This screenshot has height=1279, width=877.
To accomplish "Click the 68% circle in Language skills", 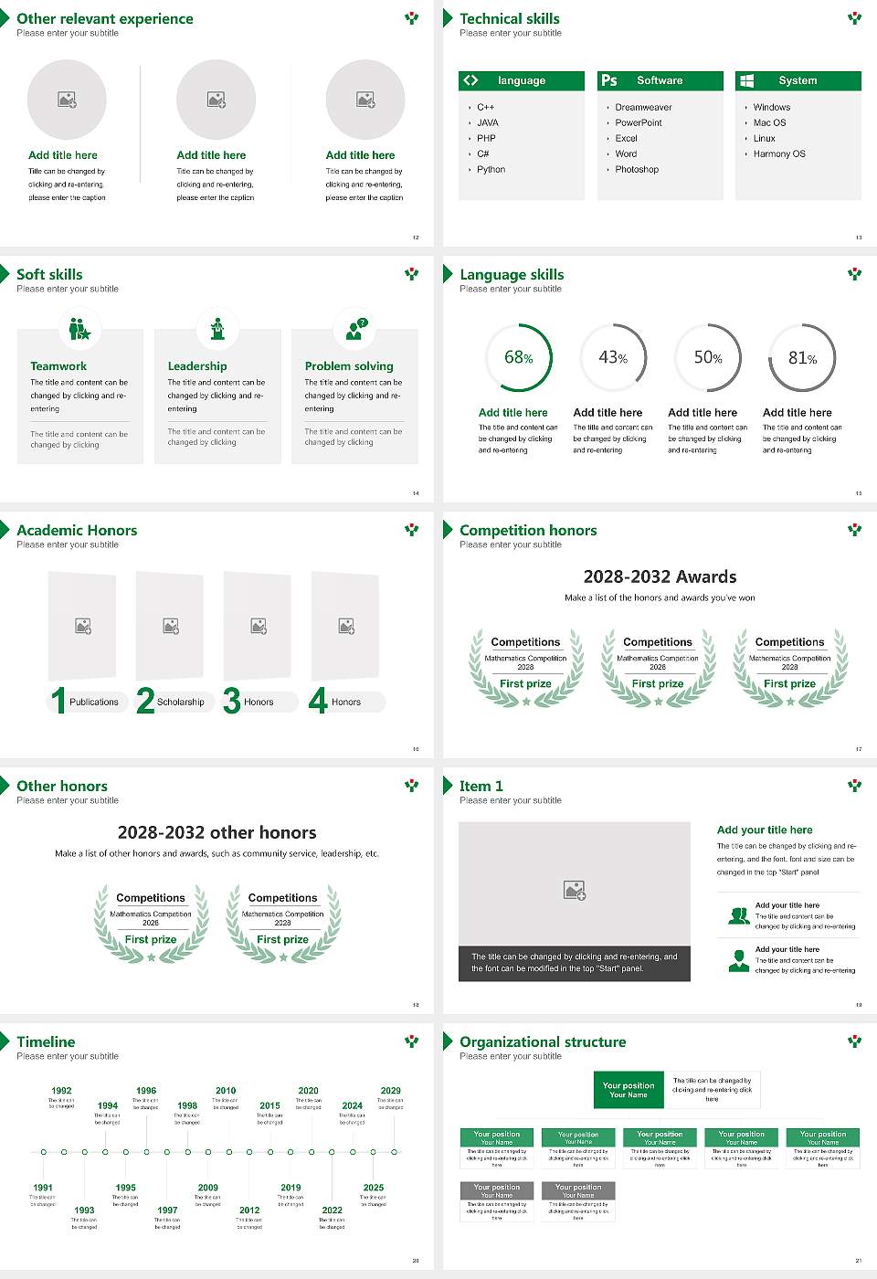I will (519, 358).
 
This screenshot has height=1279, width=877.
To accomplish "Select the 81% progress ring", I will (802, 358).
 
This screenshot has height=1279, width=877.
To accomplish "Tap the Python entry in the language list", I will (491, 170).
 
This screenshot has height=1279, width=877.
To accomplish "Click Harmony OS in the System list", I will (779, 154).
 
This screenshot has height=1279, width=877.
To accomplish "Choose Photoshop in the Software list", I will (637, 170).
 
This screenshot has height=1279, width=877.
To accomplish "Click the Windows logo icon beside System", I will (746, 80).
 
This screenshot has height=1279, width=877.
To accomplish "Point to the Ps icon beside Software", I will (609, 80).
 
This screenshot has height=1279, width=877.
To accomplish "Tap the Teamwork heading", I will (58, 366).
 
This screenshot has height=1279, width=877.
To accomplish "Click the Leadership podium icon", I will (217, 328).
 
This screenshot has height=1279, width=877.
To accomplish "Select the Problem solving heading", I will (349, 366).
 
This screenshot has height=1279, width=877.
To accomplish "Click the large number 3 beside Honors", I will (232, 701).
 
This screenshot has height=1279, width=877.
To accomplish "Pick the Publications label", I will (94, 703).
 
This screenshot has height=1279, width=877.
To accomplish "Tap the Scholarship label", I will (181, 703).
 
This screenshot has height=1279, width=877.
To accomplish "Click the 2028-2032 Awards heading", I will (660, 576).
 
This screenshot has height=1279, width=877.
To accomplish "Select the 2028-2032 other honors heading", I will (217, 832).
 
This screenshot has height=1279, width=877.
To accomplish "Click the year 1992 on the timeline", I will (61, 1091).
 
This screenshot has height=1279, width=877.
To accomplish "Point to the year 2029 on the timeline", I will (391, 1091).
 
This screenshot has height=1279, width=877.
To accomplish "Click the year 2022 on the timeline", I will (333, 1210).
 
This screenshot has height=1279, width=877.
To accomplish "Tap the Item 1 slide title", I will (481, 786).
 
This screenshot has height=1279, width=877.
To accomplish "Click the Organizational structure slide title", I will (543, 1041).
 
